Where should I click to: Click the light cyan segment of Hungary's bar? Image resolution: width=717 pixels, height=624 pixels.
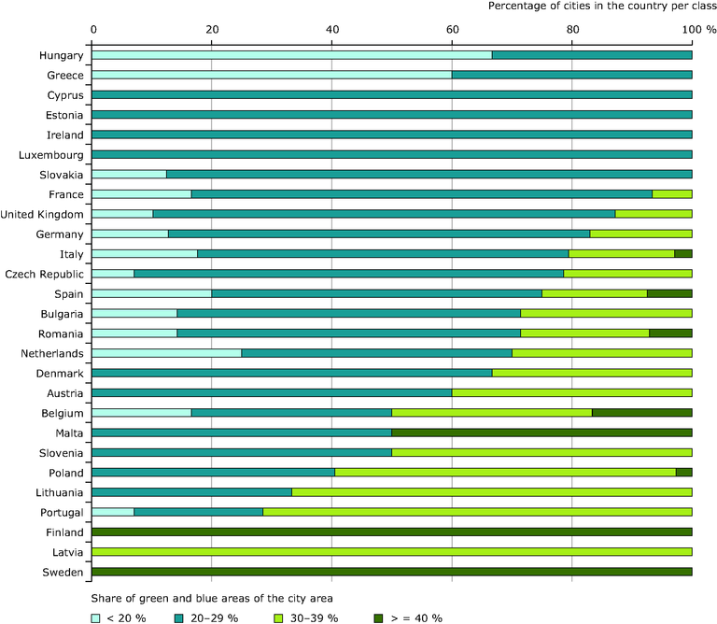291,55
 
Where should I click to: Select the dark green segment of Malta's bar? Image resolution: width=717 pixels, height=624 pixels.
541,433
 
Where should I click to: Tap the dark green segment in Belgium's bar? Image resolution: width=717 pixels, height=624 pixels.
641,413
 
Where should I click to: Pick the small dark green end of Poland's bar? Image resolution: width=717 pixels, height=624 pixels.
683,473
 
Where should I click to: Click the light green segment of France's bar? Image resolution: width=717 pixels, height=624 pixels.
671,194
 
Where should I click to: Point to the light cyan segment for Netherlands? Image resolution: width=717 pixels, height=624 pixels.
166,353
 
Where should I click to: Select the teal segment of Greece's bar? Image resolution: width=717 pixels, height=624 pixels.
571,75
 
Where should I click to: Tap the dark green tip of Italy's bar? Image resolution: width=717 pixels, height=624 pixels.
682,254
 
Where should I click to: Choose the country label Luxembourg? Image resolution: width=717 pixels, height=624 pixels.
51,154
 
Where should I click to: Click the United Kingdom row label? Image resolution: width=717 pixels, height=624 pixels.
44,214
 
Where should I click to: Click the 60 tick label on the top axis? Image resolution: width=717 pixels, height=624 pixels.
452,30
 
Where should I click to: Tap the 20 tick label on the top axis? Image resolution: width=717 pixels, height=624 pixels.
212,30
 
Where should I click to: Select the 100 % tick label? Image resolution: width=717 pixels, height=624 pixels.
698,30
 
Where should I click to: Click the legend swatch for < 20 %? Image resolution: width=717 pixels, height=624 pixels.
96,617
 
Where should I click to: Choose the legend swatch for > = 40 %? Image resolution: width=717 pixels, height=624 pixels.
379,617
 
